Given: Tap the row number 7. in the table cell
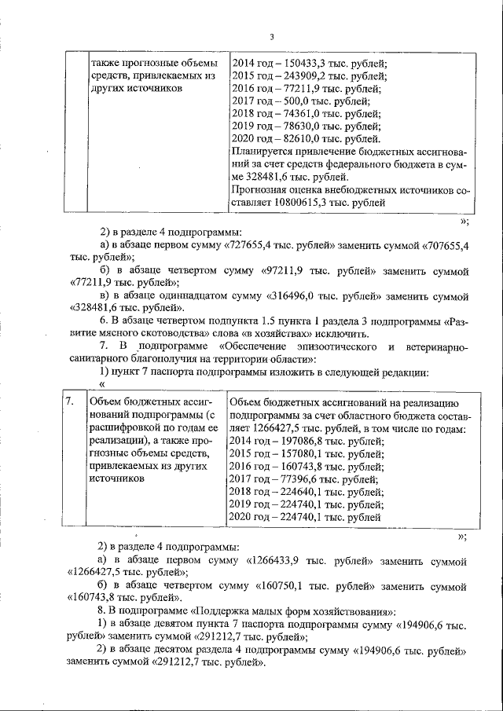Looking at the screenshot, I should coord(70,401).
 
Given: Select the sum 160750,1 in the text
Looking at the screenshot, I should coord(281,585).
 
